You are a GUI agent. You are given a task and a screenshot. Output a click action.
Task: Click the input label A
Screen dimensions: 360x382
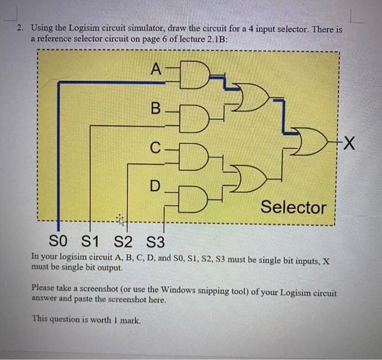156,69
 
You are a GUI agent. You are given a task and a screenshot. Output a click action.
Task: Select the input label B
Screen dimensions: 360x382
155,109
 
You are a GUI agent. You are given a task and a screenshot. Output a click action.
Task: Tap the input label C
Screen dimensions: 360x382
156,147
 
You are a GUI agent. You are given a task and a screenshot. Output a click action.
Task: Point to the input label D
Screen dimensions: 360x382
156,186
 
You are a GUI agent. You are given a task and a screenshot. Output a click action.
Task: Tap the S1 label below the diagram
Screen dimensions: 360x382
92,240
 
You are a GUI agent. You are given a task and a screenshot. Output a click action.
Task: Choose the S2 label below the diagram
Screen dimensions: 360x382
124,240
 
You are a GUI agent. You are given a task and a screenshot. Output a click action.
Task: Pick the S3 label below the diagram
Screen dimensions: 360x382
157,240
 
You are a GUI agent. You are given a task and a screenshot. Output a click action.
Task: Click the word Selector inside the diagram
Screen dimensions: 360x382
293,207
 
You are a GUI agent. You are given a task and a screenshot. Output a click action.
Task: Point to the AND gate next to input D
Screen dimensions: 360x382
195,198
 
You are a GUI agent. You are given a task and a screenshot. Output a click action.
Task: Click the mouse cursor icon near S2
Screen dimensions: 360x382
120,220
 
